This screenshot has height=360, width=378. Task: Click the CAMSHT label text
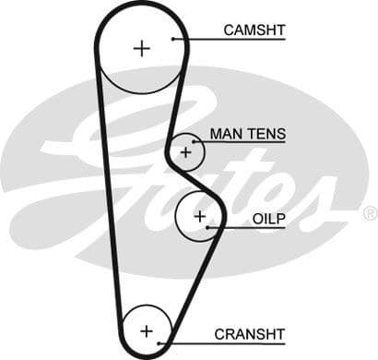254,30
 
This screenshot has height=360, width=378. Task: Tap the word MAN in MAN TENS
227,134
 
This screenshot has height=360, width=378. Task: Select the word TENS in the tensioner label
267,134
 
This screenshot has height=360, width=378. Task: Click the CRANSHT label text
250,333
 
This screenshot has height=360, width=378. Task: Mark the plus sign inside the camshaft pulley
141,48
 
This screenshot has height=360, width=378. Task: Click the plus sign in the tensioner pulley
187,150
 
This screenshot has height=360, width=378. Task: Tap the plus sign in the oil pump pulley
199,216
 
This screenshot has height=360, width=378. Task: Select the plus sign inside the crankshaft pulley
146,330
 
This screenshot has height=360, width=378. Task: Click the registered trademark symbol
369,213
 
